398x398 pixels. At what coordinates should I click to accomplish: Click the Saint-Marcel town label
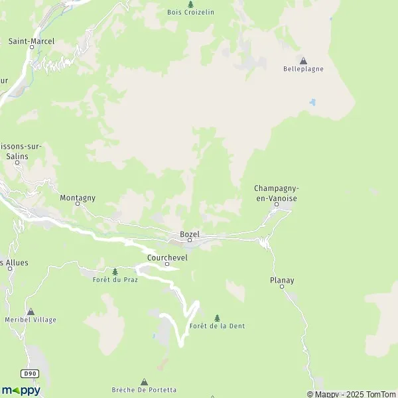[x=31, y=41]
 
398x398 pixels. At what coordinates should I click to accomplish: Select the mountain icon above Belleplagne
[x=304, y=60]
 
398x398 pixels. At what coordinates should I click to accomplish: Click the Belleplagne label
[x=303, y=69]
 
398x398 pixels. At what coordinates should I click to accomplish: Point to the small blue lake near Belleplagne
[x=311, y=103]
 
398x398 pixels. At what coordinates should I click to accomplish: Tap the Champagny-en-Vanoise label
[x=276, y=193]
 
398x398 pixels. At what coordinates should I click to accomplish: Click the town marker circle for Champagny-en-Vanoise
[x=277, y=204]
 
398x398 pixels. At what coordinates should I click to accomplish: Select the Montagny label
[x=78, y=198]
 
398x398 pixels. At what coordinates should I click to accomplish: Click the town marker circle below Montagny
[x=77, y=204]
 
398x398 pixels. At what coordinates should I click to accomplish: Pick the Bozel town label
[x=190, y=234]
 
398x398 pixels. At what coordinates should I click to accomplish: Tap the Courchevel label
[x=167, y=257]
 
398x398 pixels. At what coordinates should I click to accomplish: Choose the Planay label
[x=282, y=281]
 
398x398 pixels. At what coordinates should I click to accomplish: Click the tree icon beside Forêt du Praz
[x=115, y=271]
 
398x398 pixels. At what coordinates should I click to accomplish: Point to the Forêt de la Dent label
[x=217, y=326]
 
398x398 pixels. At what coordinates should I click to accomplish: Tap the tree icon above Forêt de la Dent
[x=217, y=318]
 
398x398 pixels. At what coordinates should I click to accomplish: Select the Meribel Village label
[x=31, y=320]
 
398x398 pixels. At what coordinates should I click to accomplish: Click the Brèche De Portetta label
[x=144, y=390]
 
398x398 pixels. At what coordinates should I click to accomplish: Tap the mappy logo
[x=21, y=391]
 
